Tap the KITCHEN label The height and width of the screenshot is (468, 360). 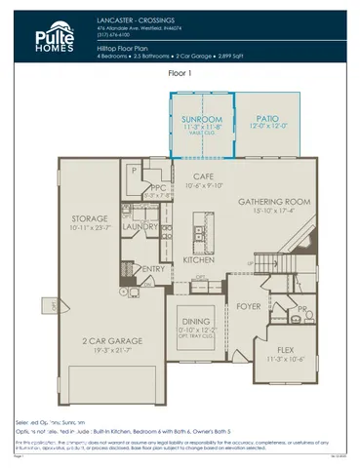(x=198, y=260)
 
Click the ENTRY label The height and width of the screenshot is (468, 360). (x=153, y=269)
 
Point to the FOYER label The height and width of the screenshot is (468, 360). (x=249, y=305)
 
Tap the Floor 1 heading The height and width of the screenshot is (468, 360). (x=180, y=73)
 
